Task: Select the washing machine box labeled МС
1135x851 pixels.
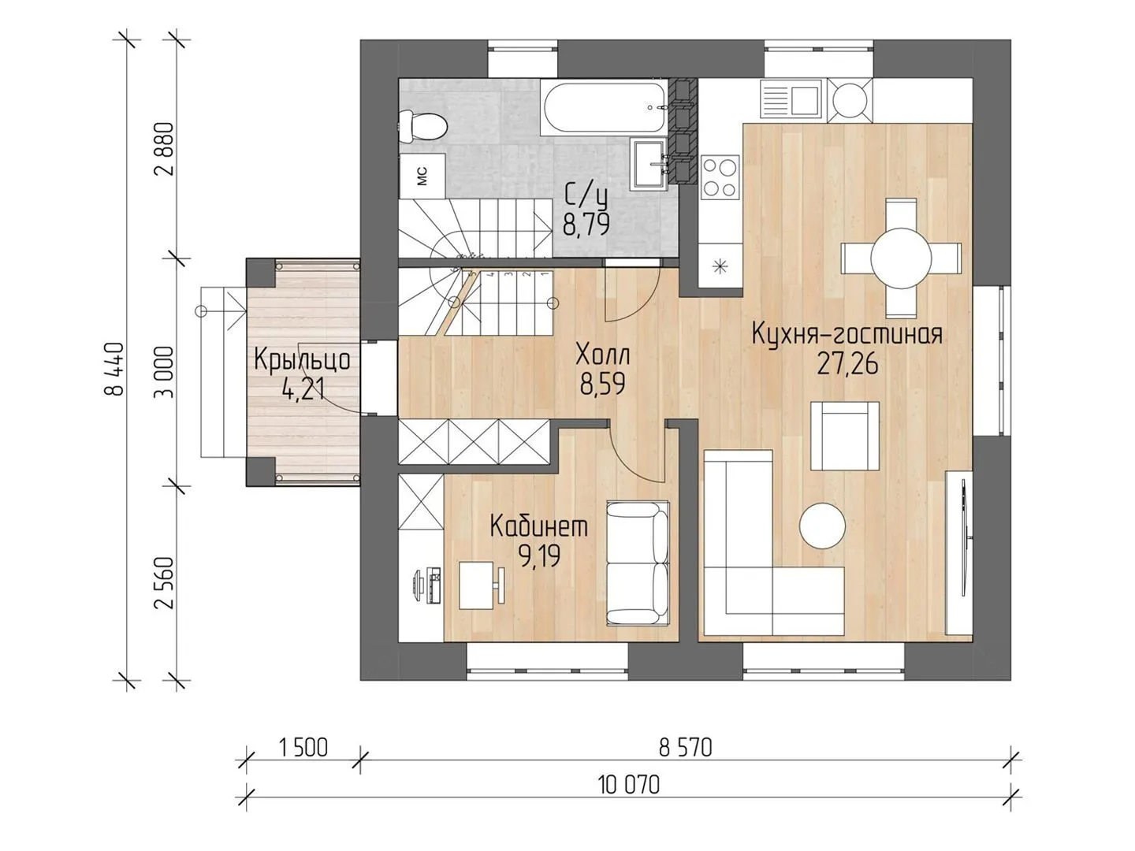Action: click(422, 176)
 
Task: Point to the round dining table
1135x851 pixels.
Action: click(900, 258)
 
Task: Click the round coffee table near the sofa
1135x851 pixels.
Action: click(821, 526)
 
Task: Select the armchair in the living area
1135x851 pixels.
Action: click(844, 436)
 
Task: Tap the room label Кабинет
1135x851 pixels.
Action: click(539, 526)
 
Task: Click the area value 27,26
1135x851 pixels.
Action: click(847, 364)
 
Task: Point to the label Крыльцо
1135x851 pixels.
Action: click(302, 359)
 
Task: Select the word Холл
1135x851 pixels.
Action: click(603, 355)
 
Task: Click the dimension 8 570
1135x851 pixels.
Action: click(686, 748)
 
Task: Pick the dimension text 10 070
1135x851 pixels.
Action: click(629, 786)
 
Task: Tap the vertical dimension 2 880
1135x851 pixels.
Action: click(164, 149)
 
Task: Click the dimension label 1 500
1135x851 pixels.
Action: click(303, 748)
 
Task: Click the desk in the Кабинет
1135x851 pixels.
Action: click(476, 586)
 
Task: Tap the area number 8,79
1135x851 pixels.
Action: click(586, 225)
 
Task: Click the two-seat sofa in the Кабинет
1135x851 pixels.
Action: click(638, 563)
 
